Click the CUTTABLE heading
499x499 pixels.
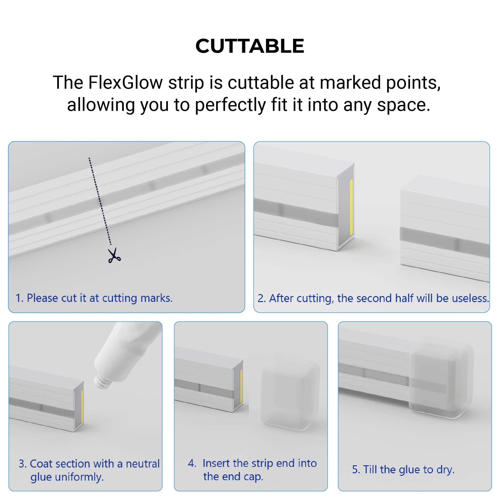point(250,46)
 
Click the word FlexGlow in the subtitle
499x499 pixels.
point(126,83)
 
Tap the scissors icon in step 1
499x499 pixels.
point(114,255)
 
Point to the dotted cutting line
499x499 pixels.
point(100,201)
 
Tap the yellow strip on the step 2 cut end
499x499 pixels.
point(351,207)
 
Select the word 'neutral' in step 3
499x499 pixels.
point(143,464)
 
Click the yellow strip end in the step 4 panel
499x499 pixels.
point(241,386)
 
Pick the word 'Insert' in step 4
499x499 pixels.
point(216,463)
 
